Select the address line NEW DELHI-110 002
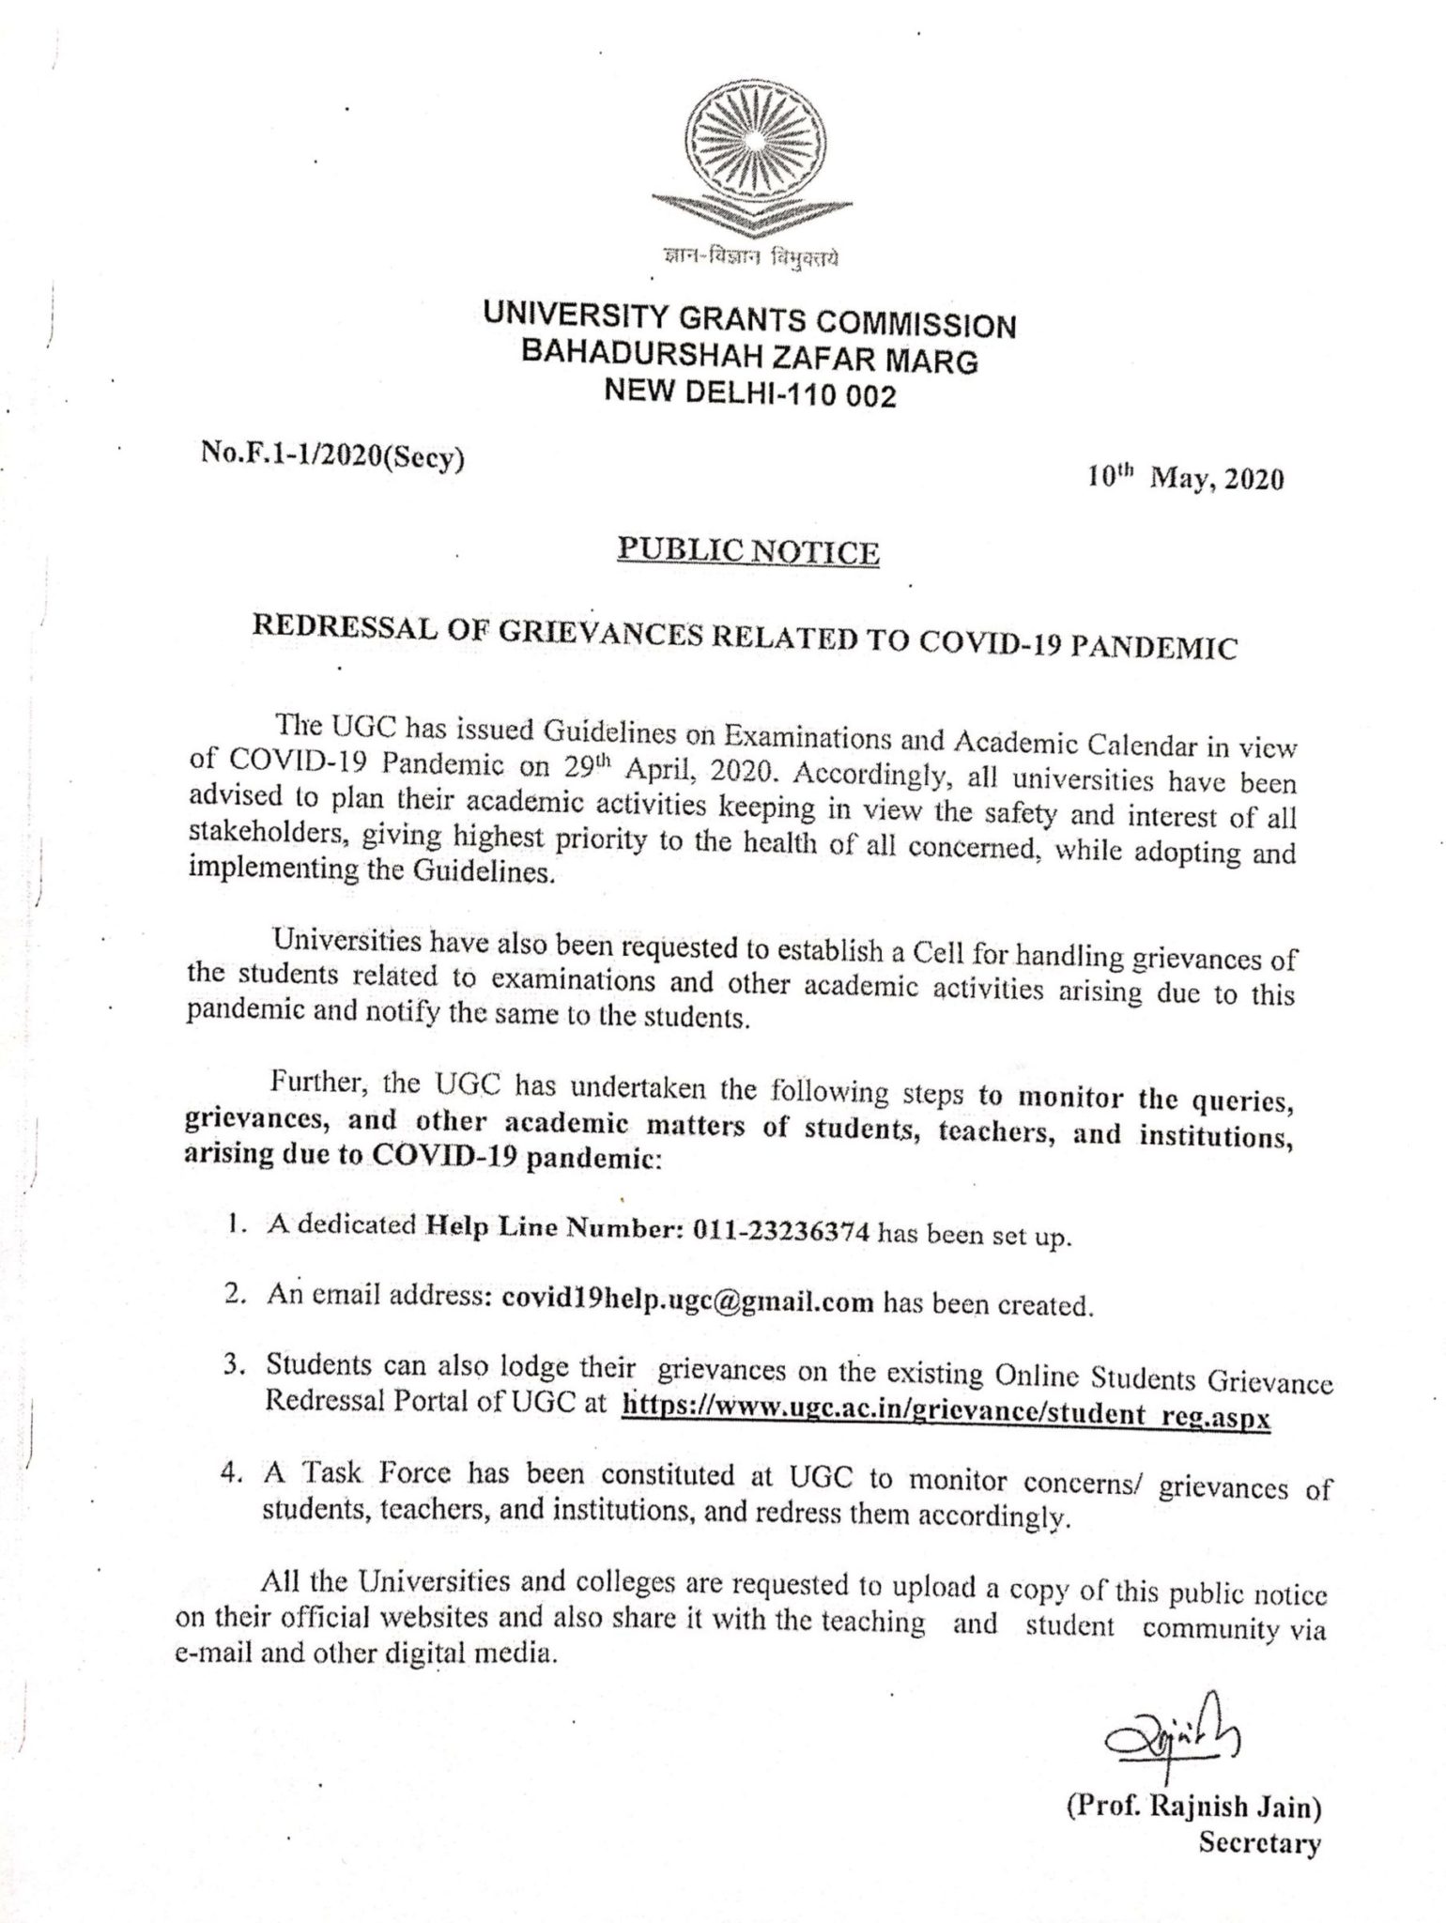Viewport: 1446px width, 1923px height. [750, 392]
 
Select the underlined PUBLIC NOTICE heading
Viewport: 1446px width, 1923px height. [747, 551]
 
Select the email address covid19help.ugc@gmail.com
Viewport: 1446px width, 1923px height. [688, 1301]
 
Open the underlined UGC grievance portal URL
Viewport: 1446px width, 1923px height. [946, 1417]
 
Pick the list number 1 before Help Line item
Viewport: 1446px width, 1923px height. [231, 1225]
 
